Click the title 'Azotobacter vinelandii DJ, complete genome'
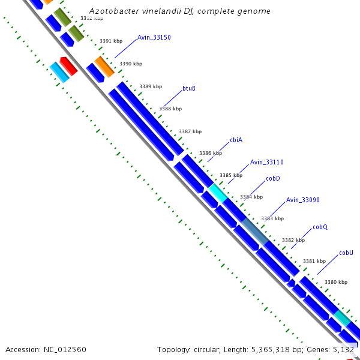coord(179,11)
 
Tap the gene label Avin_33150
coord(154,37)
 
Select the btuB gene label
coord(189,89)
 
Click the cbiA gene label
coord(236,140)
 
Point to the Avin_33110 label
coord(267,162)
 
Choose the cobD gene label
coord(273,178)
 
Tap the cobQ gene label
coord(320,227)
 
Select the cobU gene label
coord(346,253)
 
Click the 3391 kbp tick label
coord(111,41)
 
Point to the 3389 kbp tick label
coord(151,87)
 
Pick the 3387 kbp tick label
coord(190,131)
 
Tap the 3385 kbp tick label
coord(231,175)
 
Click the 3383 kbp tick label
coord(272,218)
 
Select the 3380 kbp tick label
coord(336,282)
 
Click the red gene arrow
coord(68,66)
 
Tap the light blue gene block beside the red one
coord(59,71)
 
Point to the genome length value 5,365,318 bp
coord(277,349)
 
